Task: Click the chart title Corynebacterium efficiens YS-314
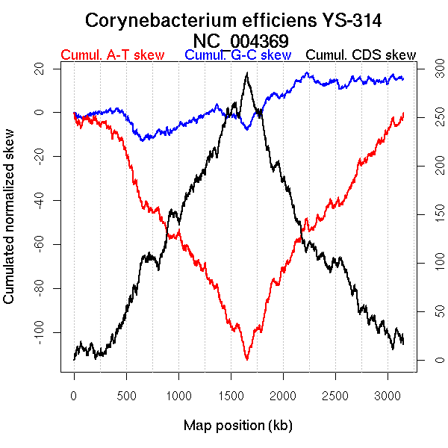pyautogui.click(x=234, y=20)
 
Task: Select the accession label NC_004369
pyautogui.click(x=240, y=40)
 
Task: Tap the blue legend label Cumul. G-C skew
pyautogui.click(x=237, y=55)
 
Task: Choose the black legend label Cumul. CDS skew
pyautogui.click(x=361, y=55)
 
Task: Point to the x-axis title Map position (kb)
pyautogui.click(x=237, y=426)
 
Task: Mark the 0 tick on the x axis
pyautogui.click(x=74, y=393)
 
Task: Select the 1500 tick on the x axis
pyautogui.click(x=231, y=393)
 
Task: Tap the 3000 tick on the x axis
pyautogui.click(x=388, y=393)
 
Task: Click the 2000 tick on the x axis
pyautogui.click(x=283, y=393)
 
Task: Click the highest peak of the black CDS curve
pyautogui.click(x=246, y=73)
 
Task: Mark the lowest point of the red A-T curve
pyautogui.click(x=246, y=359)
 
